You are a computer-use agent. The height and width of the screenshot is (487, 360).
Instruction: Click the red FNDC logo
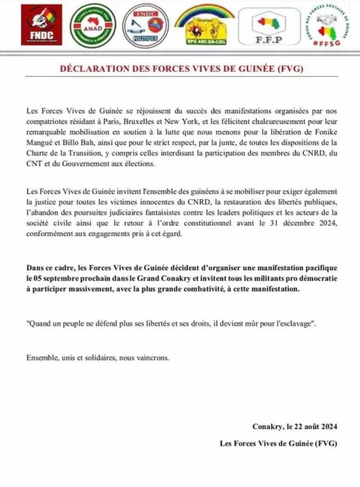(x=41, y=25)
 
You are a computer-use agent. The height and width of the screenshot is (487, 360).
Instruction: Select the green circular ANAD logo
(x=93, y=26)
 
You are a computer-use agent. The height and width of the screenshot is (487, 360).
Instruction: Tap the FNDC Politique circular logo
(x=146, y=25)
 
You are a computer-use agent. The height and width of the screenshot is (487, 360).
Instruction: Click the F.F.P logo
(x=270, y=26)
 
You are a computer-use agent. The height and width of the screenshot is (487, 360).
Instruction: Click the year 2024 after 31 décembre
(x=328, y=224)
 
